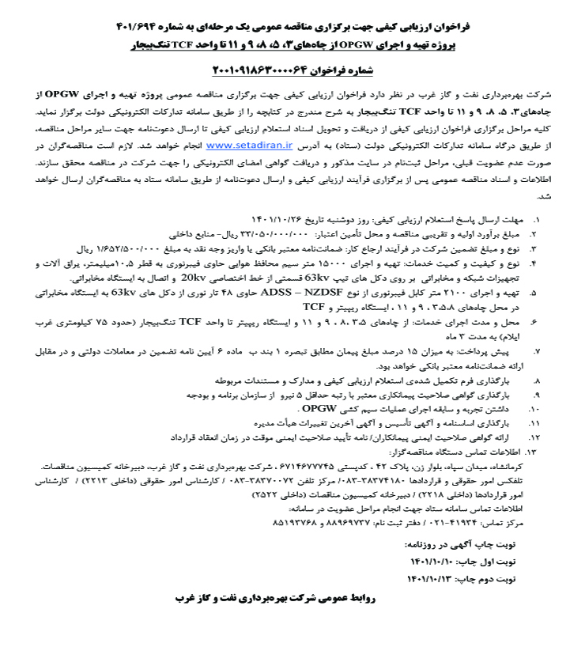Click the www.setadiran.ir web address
(x=251, y=146)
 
